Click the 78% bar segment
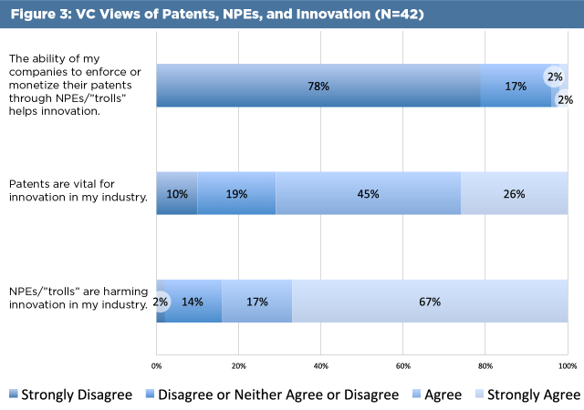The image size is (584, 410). [x=318, y=87]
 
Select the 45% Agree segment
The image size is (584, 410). [x=368, y=193]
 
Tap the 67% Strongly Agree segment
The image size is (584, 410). [x=430, y=301]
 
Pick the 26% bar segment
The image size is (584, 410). [x=514, y=193]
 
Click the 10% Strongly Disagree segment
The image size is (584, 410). [x=177, y=193]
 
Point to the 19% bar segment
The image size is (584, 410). [x=236, y=193]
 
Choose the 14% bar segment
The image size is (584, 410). [x=193, y=301]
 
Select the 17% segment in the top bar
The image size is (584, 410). [x=516, y=87]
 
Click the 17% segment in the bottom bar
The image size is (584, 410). [x=256, y=301]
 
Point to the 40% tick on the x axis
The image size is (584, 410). [x=320, y=365]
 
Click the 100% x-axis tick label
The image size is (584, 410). [x=567, y=365]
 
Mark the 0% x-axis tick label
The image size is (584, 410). [x=157, y=365]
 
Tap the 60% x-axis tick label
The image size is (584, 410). [x=402, y=365]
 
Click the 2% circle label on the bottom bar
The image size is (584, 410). [x=161, y=301]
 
